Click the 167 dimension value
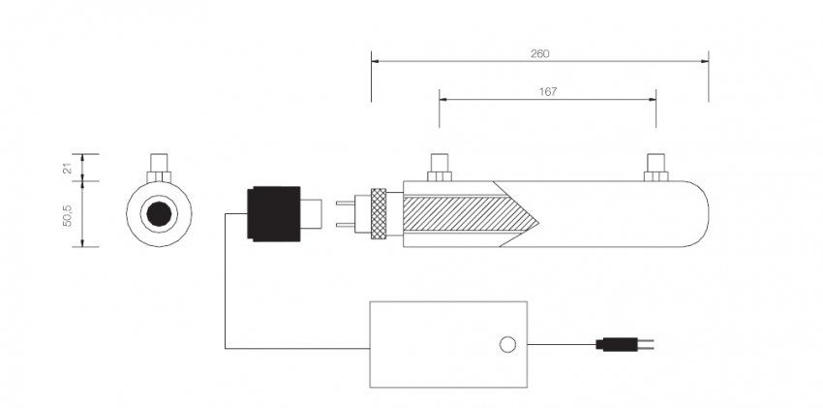click(547, 91)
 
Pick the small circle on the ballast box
click(505, 344)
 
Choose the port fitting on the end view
click(158, 167)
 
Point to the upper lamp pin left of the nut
click(345, 204)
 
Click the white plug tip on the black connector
click(314, 213)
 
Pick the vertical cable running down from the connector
click(226, 281)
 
